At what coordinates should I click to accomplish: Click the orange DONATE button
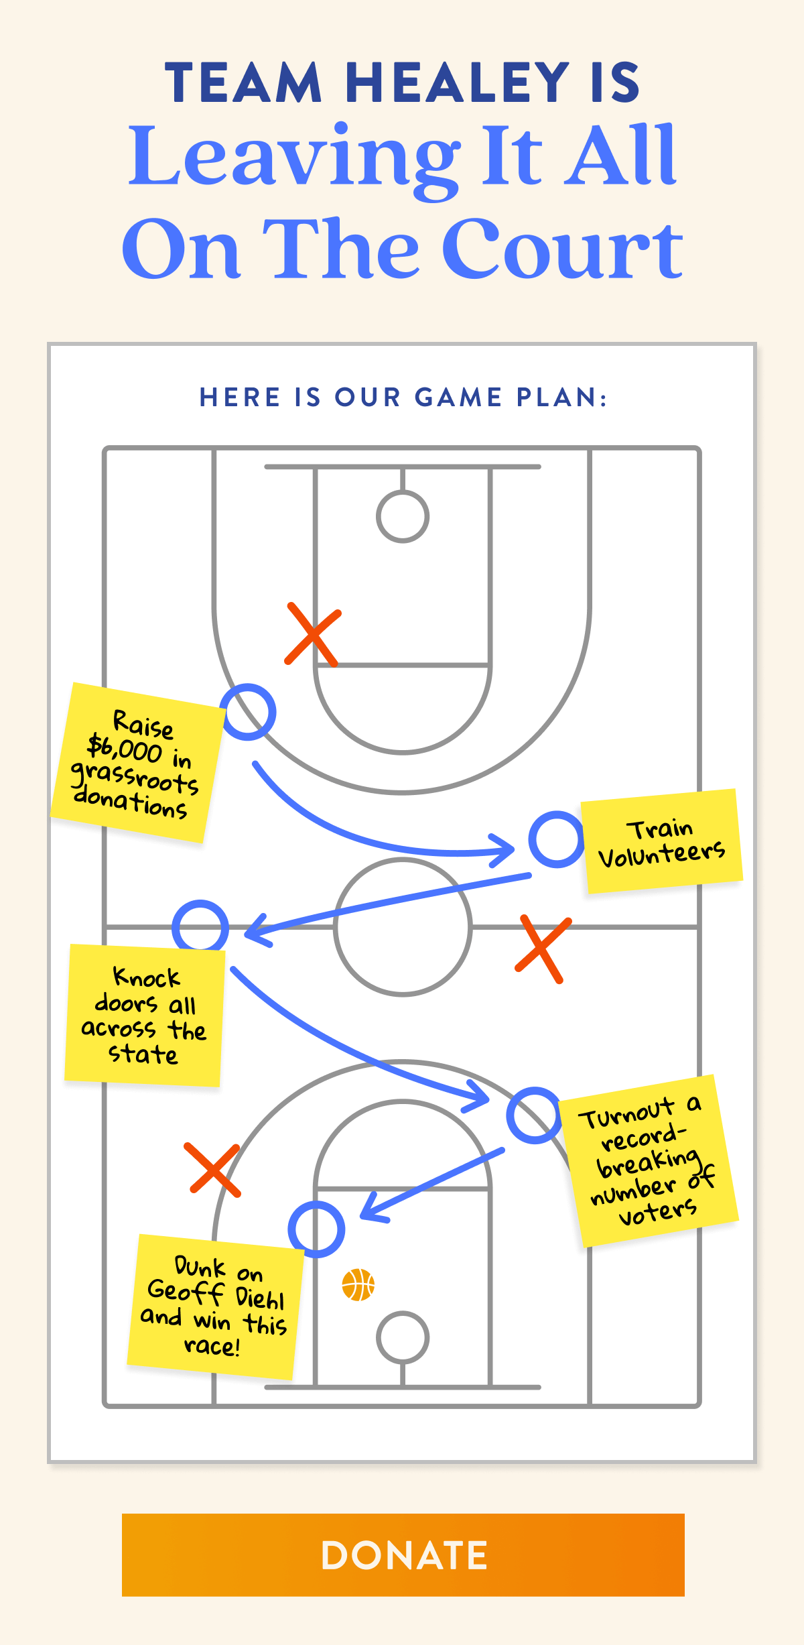point(403,1555)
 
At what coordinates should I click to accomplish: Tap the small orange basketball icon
point(358,1284)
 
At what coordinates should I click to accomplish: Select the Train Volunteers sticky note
point(661,841)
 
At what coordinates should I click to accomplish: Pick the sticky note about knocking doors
point(144,1015)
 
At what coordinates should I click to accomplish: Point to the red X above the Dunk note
point(213,1169)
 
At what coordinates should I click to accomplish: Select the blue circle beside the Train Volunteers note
point(556,839)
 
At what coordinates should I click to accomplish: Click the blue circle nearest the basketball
point(316,1229)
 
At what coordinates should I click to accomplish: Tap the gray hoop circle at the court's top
point(403,516)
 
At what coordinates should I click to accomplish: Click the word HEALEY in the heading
point(458,83)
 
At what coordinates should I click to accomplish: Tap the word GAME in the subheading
point(458,398)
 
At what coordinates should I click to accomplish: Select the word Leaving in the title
point(295,158)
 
